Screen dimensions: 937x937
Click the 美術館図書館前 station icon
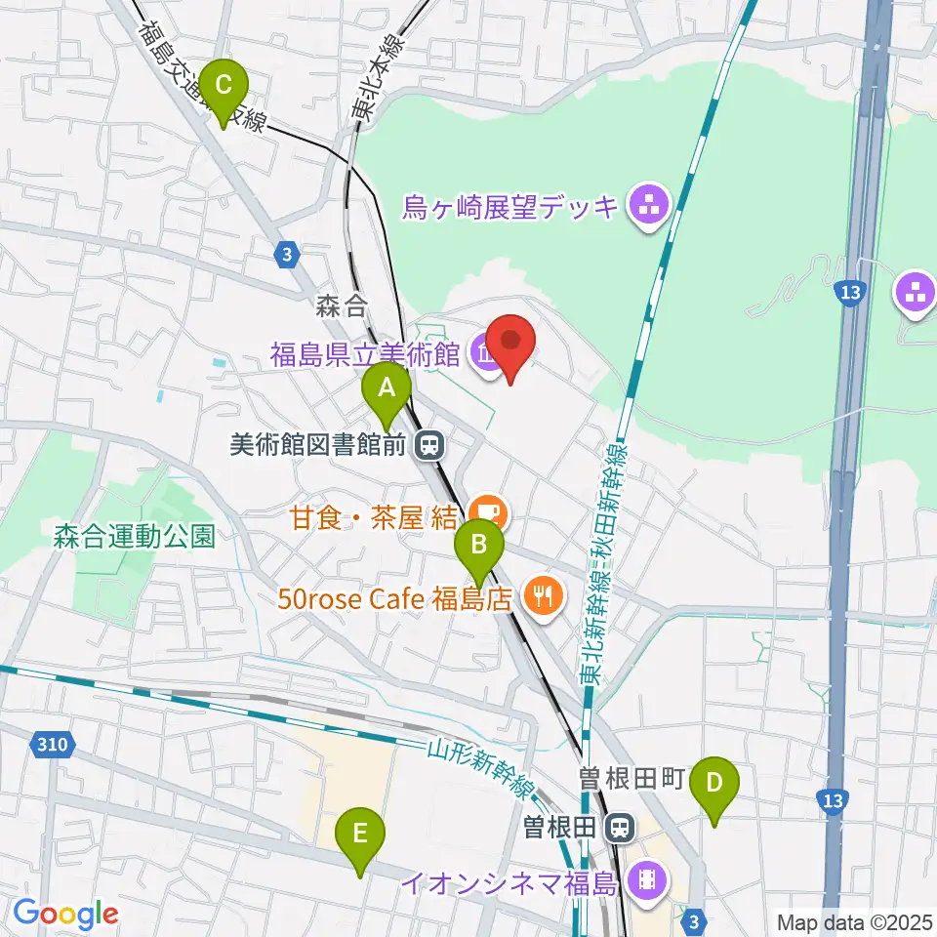(427, 446)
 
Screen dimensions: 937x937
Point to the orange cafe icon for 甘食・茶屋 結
(484, 509)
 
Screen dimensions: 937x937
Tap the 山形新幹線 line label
(482, 769)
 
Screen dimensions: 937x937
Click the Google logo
(65, 914)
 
